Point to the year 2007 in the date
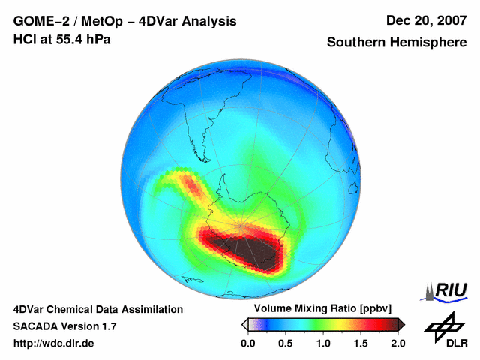click(449, 21)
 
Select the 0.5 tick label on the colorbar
click(285, 343)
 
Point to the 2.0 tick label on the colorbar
click(397, 343)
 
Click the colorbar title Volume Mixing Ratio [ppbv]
click(319, 309)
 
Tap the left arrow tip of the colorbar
click(244, 324)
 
